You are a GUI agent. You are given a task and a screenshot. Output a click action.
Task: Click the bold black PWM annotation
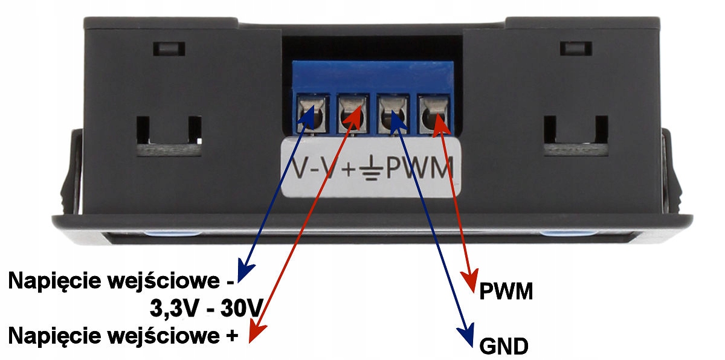coord(506,292)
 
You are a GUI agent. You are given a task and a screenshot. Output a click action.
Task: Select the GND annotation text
coord(504,347)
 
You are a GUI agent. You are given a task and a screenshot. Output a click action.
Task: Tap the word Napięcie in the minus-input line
coord(48,282)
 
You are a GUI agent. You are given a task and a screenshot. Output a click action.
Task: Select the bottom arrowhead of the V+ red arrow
coord(256,333)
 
